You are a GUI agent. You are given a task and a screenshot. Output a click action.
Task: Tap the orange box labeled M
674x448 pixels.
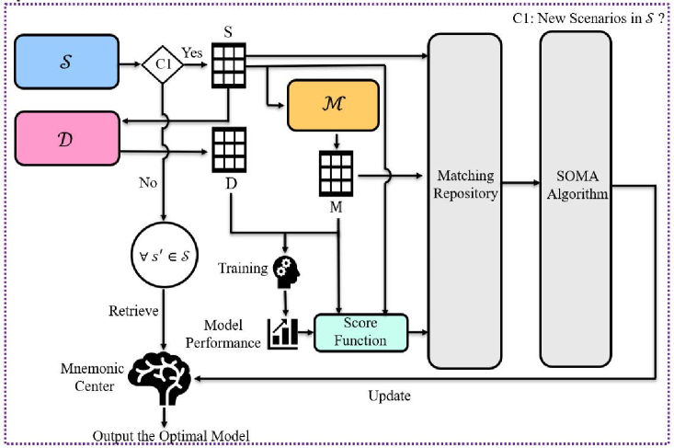[x=332, y=105]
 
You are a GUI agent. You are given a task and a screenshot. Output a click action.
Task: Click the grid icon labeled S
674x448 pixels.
[x=228, y=65]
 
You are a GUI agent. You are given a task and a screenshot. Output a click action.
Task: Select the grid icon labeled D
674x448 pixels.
[x=228, y=146]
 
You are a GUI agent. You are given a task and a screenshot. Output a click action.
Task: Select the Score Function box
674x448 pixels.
[x=360, y=332]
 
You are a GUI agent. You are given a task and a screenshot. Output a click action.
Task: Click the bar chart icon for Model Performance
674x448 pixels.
[x=282, y=332]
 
